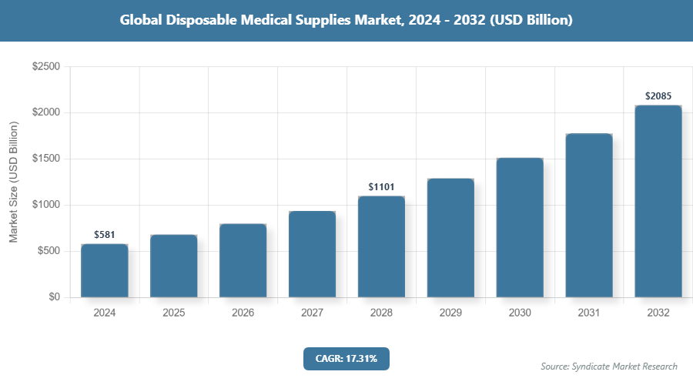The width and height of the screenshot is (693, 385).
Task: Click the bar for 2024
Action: coord(104,271)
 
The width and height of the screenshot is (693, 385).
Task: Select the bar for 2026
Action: coord(243,261)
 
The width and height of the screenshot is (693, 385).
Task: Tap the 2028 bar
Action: coord(381,247)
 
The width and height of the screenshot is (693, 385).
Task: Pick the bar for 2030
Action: coord(520,228)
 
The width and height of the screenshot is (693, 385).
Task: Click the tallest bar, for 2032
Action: coord(658,202)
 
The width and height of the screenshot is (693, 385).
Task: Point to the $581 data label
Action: coord(104,234)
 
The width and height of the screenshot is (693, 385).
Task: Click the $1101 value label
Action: coord(381,186)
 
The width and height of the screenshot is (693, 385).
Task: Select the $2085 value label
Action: coord(658,96)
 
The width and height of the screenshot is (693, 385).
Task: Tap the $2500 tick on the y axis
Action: coord(45,67)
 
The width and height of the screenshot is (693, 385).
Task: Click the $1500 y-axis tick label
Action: coord(45,159)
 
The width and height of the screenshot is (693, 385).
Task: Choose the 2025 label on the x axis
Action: coord(173,313)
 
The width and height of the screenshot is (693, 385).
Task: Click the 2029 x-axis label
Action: coord(450,313)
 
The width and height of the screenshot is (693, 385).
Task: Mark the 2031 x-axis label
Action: coord(589,313)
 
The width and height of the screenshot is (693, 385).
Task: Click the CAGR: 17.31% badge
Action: coord(346,358)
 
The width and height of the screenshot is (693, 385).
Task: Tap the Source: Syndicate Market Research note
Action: coord(609,366)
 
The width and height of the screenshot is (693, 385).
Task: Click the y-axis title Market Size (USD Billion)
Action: coord(13,182)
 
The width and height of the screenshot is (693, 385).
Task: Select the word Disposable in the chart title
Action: coord(204,21)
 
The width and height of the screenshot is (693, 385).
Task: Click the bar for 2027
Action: coord(312,254)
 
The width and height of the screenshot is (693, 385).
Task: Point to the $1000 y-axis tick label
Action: coord(45,206)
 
